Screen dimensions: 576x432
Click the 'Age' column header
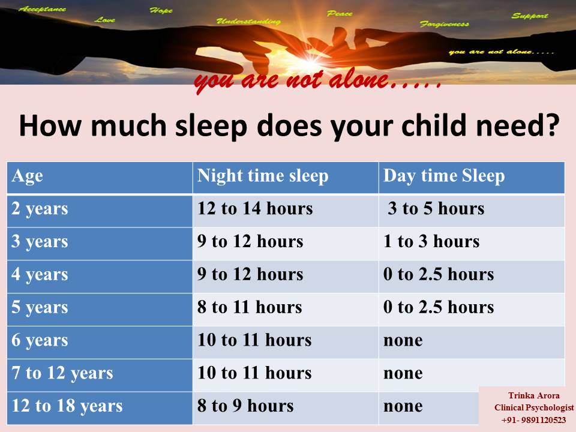click(27, 176)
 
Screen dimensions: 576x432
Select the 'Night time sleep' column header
click(263, 176)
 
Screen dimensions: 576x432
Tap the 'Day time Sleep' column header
click(444, 176)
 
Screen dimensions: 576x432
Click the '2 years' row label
click(40, 209)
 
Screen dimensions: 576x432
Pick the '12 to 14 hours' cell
click(255, 208)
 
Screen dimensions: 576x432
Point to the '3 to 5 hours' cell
click(436, 208)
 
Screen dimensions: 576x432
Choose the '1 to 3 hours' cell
click(431, 241)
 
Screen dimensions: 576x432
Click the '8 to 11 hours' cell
click(250, 307)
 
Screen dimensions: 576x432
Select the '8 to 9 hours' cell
click(245, 406)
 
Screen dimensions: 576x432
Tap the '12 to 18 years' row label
click(67, 406)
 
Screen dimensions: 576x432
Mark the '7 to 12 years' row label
click(62, 373)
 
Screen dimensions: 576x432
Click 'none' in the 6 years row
click(403, 341)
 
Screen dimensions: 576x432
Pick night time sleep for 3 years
click(250, 241)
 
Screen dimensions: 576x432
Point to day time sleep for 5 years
click(438, 307)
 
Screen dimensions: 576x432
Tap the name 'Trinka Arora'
click(534, 395)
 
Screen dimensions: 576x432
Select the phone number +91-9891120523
click(533, 420)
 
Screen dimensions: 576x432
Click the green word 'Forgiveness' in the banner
click(445, 24)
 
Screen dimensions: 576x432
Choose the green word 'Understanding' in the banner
click(248, 22)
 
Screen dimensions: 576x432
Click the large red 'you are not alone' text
click(318, 80)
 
